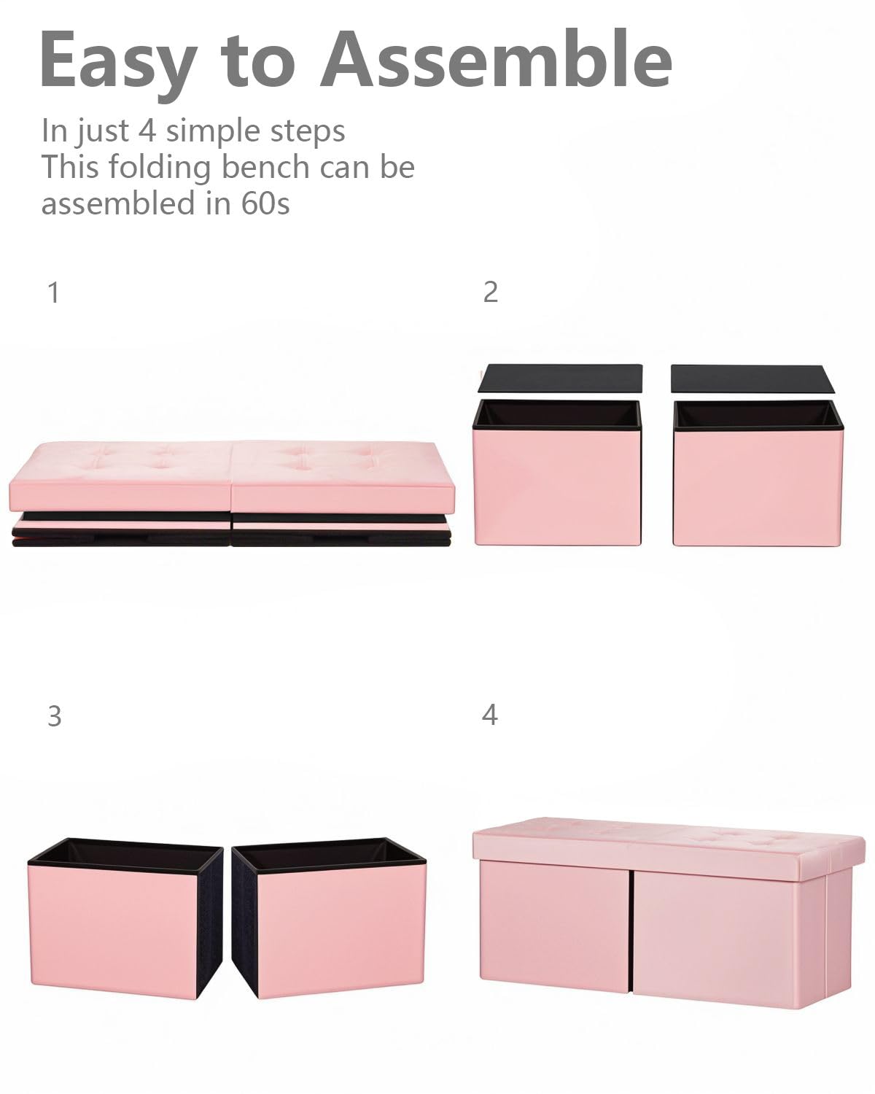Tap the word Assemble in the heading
[497, 59]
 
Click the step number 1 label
[54, 292]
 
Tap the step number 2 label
[490, 292]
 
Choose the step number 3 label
[55, 716]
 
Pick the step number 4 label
[489, 715]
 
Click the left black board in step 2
[560, 379]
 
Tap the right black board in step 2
[753, 379]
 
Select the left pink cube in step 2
[557, 473]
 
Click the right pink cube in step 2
[757, 473]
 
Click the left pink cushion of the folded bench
[120, 476]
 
